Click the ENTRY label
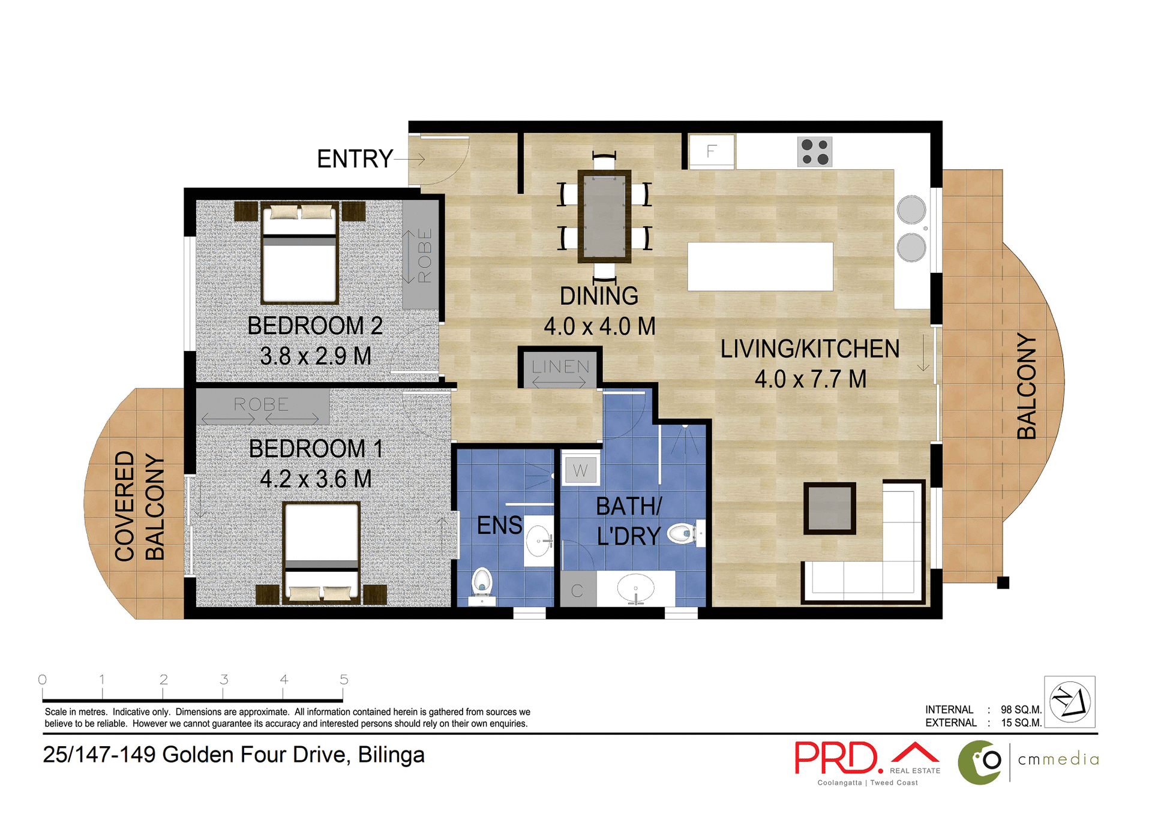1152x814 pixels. pyautogui.click(x=355, y=159)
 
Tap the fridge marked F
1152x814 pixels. pyautogui.click(x=712, y=151)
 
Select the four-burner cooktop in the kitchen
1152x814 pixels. pyautogui.click(x=814, y=152)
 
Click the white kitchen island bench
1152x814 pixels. pyautogui.click(x=760, y=266)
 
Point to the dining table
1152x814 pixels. pyautogui.click(x=604, y=216)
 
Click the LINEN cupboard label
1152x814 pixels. pyautogui.click(x=560, y=367)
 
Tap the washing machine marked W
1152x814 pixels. pyautogui.click(x=580, y=470)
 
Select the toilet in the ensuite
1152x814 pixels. pyautogui.click(x=482, y=584)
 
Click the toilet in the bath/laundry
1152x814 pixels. pyautogui.click(x=683, y=533)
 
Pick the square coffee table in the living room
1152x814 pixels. pyautogui.click(x=829, y=508)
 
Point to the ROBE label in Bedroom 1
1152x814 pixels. pyautogui.click(x=261, y=404)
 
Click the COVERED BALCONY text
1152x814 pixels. pyautogui.click(x=139, y=506)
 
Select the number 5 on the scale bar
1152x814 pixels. pyautogui.click(x=343, y=680)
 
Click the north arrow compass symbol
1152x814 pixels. pyautogui.click(x=1069, y=702)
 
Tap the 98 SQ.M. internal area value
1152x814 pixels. pyautogui.click(x=1021, y=710)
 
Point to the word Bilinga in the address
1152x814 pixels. pyautogui.click(x=391, y=755)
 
